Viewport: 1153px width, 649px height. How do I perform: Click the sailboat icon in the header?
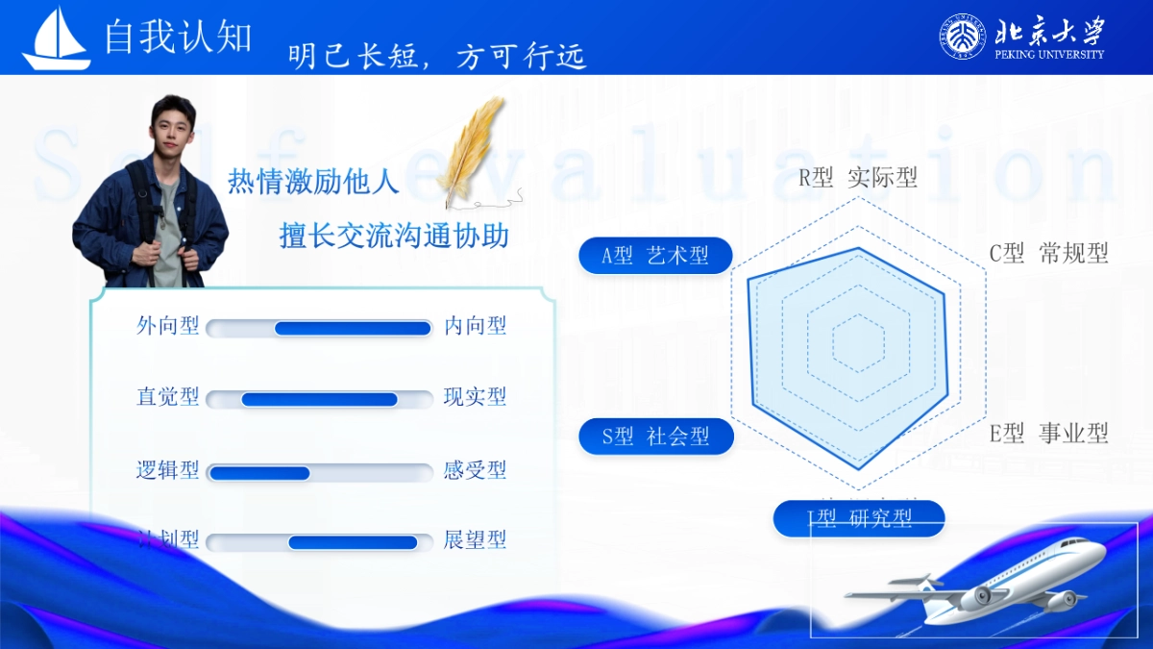tap(57, 39)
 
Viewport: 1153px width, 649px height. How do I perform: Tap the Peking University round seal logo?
tap(962, 37)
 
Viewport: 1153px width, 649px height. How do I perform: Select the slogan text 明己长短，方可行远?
tap(437, 57)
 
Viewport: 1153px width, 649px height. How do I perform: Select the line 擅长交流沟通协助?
tap(394, 236)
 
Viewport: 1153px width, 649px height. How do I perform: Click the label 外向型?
tap(168, 326)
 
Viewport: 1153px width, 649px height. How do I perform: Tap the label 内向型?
tap(475, 326)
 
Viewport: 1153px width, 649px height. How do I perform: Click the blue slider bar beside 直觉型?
tap(319, 399)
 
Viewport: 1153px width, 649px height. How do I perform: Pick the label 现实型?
tap(475, 397)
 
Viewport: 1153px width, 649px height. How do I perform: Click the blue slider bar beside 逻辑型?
tap(259, 473)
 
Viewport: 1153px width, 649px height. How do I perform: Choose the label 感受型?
tap(475, 470)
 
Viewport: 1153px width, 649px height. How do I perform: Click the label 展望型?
tap(475, 539)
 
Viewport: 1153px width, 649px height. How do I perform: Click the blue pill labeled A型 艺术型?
tap(655, 256)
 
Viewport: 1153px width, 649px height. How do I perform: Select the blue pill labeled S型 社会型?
tap(656, 437)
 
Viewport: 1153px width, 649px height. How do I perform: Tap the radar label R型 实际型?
tap(858, 178)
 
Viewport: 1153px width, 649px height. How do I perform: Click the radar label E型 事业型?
tap(1049, 434)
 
